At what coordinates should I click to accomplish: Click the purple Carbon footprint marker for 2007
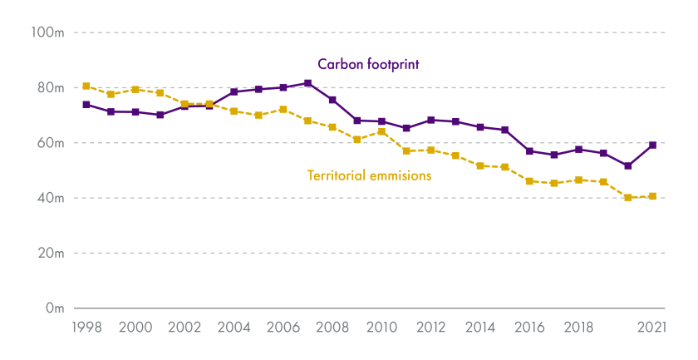point(307,83)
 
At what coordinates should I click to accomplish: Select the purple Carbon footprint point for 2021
point(652,145)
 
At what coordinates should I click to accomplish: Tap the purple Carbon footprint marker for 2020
point(628,166)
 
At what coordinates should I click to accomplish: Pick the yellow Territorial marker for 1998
point(86,86)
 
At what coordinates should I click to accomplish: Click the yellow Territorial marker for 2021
point(652,196)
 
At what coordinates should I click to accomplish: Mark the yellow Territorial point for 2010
point(381,131)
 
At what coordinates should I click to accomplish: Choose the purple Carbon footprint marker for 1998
point(86,105)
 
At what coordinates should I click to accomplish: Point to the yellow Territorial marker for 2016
point(529,180)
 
